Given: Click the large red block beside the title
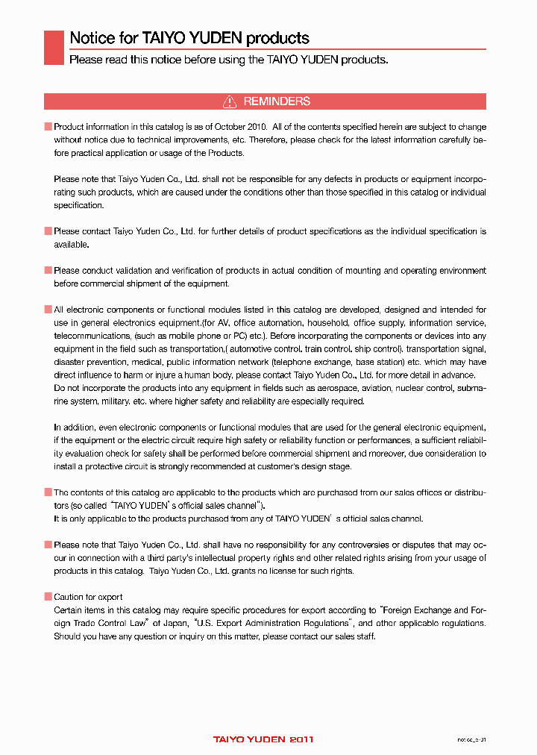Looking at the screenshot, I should pos(54,47).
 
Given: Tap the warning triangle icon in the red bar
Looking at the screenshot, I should pos(230,101).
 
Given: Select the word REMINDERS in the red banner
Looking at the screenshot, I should pos(277,101).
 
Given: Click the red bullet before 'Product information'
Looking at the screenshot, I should pos(48,128).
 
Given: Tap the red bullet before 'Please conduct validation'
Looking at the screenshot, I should pos(48,271).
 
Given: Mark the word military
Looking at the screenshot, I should pos(113,401).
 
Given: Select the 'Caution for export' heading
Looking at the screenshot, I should pos(88,597).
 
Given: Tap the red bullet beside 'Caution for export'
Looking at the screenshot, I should pos(48,597).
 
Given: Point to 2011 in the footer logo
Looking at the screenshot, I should pos(301,739).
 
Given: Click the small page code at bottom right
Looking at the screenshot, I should pos(471,739).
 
